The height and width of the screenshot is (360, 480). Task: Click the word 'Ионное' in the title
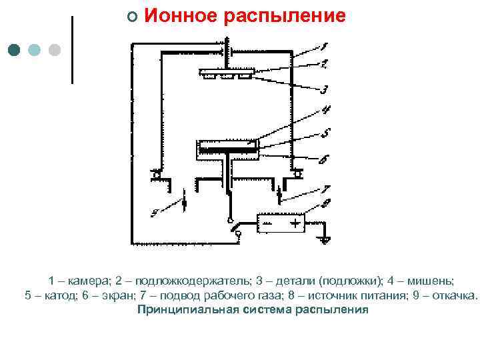180,16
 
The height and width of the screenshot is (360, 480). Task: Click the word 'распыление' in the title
285,17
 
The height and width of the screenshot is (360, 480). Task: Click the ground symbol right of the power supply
324,238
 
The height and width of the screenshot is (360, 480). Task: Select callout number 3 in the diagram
325,89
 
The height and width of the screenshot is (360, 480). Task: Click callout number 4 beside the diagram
326,110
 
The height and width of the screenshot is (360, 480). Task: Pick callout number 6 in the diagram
323,159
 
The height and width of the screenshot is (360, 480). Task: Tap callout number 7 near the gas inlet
325,189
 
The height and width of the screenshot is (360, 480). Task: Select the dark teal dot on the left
15,50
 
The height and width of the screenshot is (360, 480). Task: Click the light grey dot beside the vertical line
55,50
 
